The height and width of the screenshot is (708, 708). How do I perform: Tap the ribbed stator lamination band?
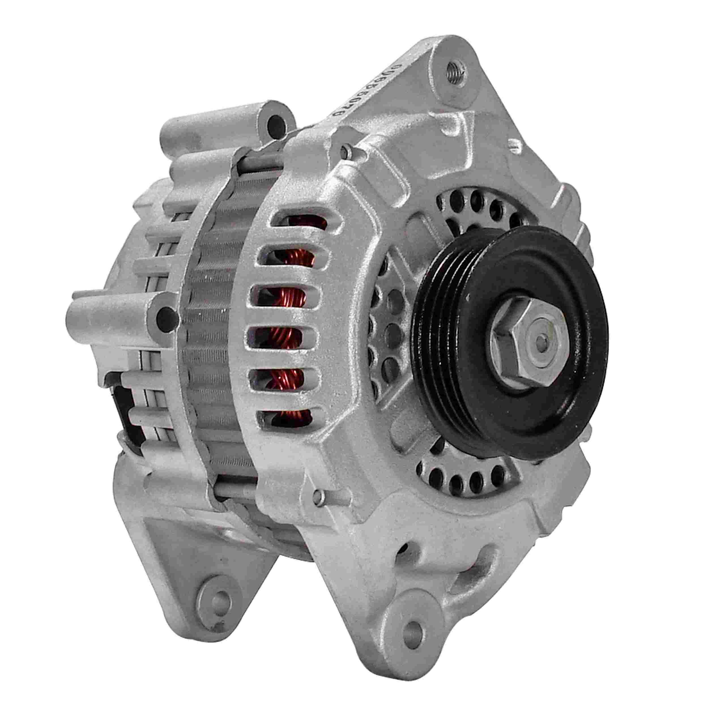(213, 330)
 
